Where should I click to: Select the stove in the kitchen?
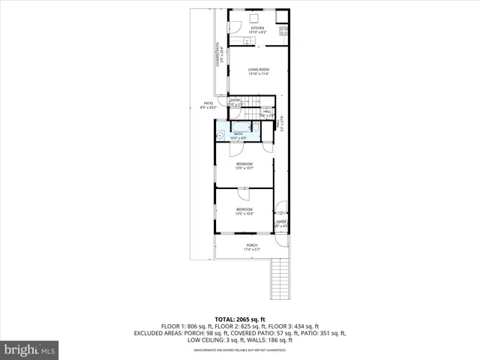[x=283, y=31]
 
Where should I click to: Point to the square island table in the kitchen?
[x=254, y=18]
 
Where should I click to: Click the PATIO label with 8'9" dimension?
[x=209, y=106]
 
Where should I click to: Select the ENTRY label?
[x=235, y=101]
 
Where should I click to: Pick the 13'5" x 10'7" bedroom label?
[x=244, y=166]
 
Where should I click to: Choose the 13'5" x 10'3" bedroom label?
[x=244, y=211]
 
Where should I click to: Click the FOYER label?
[x=281, y=223]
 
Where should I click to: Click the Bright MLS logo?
[x=30, y=349]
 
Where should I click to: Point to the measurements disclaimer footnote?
[x=239, y=349]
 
